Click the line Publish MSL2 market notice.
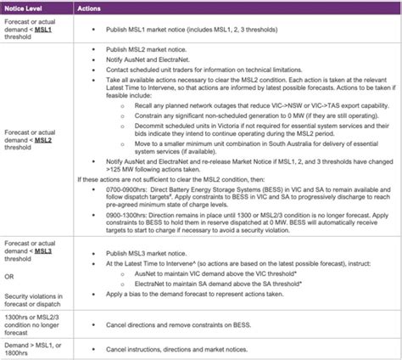[x=157, y=51]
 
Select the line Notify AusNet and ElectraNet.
[x=161, y=60]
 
